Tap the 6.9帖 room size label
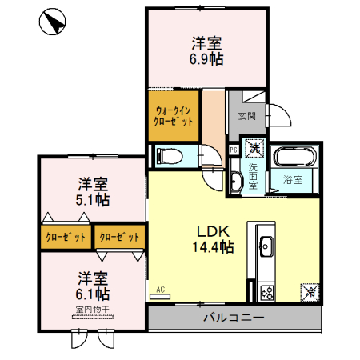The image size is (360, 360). [206, 58]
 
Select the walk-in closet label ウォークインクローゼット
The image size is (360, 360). [174, 117]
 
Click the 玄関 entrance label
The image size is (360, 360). [246, 116]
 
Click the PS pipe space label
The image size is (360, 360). [234, 150]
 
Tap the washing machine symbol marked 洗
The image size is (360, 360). [254, 148]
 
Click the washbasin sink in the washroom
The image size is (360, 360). [234, 182]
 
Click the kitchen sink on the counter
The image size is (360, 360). [266, 245]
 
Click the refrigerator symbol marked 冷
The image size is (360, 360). [308, 293]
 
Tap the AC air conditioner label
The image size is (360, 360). [160, 289]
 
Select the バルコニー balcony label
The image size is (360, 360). [233, 318]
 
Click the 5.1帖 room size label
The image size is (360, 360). [94, 199]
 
